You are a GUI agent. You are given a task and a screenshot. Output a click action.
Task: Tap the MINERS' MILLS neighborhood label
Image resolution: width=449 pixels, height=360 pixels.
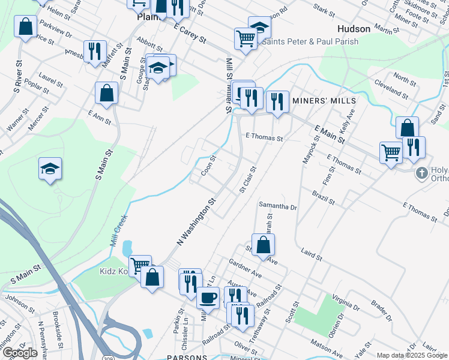tap(324, 101)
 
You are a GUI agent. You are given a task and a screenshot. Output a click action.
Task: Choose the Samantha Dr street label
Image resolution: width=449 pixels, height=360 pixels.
tap(278, 207)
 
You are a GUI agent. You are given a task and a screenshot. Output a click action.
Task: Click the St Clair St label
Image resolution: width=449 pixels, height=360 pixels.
tap(248, 180)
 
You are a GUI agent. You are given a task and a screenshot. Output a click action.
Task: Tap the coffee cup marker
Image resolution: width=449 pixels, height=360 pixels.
tap(208, 296)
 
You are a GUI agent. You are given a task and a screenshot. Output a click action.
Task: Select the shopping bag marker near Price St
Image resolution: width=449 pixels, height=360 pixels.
tap(25, 27)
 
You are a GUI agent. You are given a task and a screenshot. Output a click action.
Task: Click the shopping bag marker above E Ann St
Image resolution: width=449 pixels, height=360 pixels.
tap(106, 93)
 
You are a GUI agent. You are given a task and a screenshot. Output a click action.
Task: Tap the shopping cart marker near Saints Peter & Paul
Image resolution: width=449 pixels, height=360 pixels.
tap(245, 38)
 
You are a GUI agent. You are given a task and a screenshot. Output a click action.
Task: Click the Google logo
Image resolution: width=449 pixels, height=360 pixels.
tap(20, 353)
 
